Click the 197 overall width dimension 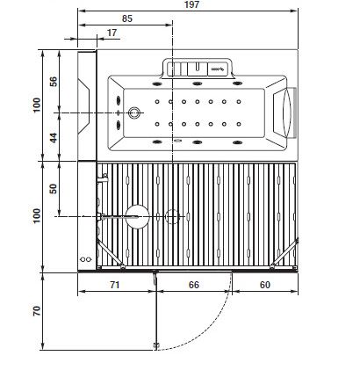[191, 4]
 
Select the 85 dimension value [127, 18]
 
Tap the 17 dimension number [112, 33]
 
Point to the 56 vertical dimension [53, 82]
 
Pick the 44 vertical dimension [53, 138]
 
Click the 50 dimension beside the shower [53, 189]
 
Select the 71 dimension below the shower [115, 285]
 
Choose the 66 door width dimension [194, 285]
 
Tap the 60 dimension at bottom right [265, 285]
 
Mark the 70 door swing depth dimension [37, 311]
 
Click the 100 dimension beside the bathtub [37, 105]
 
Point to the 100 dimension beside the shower [37, 216]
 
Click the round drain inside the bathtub [134, 112]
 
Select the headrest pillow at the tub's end [287, 112]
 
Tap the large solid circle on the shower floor [138, 217]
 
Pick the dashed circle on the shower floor [172, 217]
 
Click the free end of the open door [156, 346]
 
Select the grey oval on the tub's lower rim [177, 141]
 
